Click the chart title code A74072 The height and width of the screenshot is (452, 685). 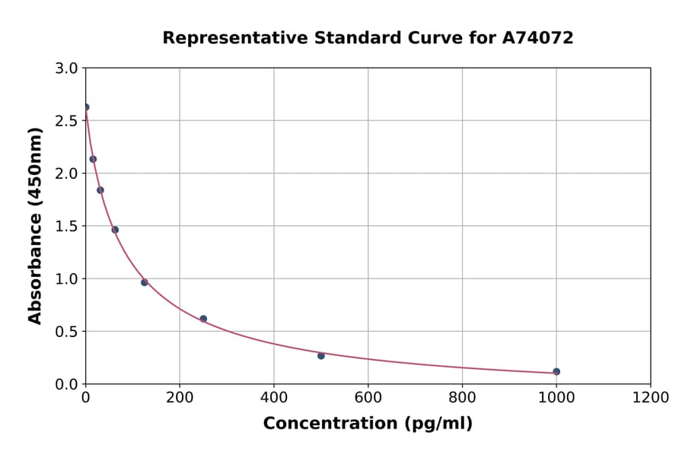pyautogui.click(x=538, y=37)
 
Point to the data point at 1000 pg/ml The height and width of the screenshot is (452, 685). pyautogui.click(x=556, y=371)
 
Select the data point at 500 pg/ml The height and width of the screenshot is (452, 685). pyautogui.click(x=321, y=355)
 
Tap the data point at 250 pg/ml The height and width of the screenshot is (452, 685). pyautogui.click(x=203, y=319)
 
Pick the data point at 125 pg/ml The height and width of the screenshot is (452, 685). pyautogui.click(x=145, y=282)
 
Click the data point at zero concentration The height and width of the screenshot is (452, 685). pyautogui.click(x=86, y=107)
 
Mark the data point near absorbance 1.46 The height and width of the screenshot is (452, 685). pyautogui.click(x=115, y=230)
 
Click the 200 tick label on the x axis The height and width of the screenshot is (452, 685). pyautogui.click(x=180, y=397)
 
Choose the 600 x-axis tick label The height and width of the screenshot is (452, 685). pyautogui.click(x=368, y=397)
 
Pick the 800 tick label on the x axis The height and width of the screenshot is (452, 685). pyautogui.click(x=462, y=397)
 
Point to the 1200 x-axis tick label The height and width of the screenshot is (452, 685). pyautogui.click(x=651, y=397)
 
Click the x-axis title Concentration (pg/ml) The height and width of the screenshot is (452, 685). pyautogui.click(x=368, y=424)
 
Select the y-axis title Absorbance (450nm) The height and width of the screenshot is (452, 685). pyautogui.click(x=35, y=225)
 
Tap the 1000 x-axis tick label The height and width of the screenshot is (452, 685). pyautogui.click(x=556, y=397)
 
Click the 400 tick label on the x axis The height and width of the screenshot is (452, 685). pyautogui.click(x=274, y=397)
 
